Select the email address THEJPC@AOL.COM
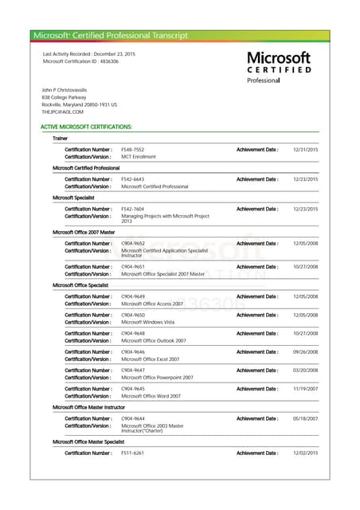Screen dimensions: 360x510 coord(62,112)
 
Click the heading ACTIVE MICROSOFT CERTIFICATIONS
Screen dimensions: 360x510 coord(86,127)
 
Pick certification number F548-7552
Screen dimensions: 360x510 coord(132,150)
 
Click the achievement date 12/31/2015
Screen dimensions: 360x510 coord(305,150)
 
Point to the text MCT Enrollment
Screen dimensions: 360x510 coord(138,157)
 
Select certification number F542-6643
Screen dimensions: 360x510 coord(132,179)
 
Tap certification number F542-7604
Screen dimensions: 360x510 coord(132,209)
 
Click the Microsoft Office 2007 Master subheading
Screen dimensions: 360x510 coord(84,232)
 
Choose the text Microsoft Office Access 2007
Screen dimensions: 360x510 coord(151,304)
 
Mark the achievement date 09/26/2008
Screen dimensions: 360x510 coord(305,351)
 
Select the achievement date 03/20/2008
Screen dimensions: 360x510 coord(305,370)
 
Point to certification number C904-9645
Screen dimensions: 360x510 coord(132,388)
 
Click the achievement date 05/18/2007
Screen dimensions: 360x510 coord(305,418)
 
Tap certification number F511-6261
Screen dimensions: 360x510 coord(132,453)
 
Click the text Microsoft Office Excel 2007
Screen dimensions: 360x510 coord(150,359)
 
